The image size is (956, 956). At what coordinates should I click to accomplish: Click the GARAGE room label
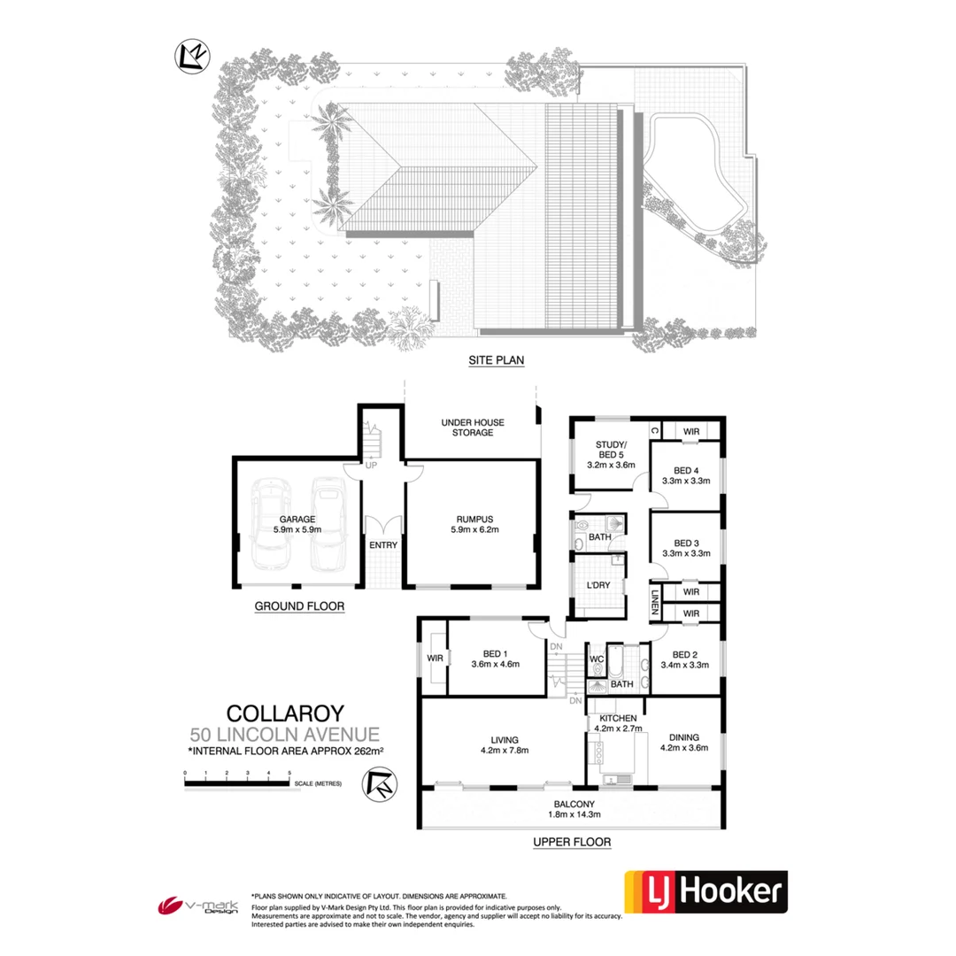pyautogui.click(x=297, y=520)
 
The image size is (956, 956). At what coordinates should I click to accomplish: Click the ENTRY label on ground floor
pyautogui.click(x=383, y=545)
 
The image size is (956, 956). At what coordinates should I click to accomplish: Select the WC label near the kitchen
pyautogui.click(x=597, y=659)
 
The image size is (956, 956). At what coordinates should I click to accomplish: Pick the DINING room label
pyautogui.click(x=684, y=736)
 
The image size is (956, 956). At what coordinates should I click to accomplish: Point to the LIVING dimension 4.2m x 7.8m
pyautogui.click(x=505, y=752)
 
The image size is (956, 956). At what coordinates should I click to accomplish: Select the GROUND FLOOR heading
pyautogui.click(x=299, y=606)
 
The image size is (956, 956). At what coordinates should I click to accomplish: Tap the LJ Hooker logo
pyautogui.click(x=705, y=892)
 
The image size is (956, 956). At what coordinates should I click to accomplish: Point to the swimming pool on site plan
pyautogui.click(x=692, y=169)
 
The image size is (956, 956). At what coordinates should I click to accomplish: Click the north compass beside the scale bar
pyautogui.click(x=379, y=784)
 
